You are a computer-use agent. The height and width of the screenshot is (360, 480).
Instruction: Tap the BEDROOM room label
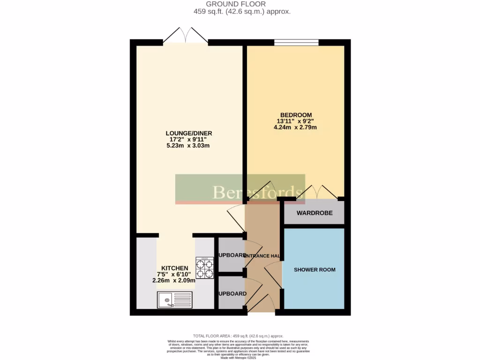(296, 115)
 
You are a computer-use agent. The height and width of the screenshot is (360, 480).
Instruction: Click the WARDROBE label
(315, 213)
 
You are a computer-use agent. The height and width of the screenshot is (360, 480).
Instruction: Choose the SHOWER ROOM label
(315, 270)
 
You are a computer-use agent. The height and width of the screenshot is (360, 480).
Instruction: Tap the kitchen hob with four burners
(204, 268)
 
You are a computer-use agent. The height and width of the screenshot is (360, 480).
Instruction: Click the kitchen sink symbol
(174, 300)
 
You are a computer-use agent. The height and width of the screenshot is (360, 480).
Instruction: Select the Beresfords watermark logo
(240, 189)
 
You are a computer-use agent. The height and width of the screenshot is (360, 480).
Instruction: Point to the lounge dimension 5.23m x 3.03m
(187, 145)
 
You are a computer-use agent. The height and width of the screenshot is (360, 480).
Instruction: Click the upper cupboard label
(231, 255)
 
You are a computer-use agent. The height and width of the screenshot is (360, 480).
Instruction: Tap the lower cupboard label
(231, 294)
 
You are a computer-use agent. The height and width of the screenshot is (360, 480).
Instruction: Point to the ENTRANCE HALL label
(263, 256)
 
